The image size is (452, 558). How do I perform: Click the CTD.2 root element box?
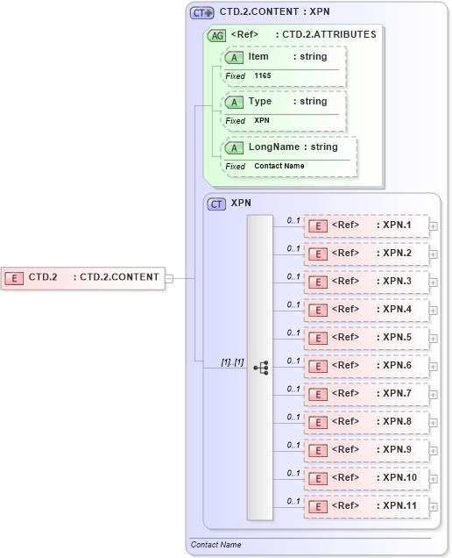[82, 277]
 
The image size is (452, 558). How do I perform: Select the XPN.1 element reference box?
[365, 225]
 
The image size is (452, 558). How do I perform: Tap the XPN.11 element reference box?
[365, 506]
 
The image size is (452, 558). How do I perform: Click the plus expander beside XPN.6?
[434, 366]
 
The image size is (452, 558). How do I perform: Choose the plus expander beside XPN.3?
[434, 282]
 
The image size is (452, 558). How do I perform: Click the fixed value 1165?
[263, 76]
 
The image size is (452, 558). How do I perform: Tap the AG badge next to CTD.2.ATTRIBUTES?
[215, 35]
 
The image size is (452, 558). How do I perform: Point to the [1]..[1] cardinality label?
[232, 361]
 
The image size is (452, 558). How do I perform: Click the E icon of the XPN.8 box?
[320, 422]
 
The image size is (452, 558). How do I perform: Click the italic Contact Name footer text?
[216, 545]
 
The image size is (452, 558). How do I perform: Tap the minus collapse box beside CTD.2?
[169, 278]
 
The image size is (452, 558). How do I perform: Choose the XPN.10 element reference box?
[365, 478]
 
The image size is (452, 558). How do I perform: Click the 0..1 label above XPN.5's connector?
[293, 333]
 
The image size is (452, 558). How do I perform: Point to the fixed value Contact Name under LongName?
[279, 166]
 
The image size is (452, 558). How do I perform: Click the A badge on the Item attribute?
[234, 57]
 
